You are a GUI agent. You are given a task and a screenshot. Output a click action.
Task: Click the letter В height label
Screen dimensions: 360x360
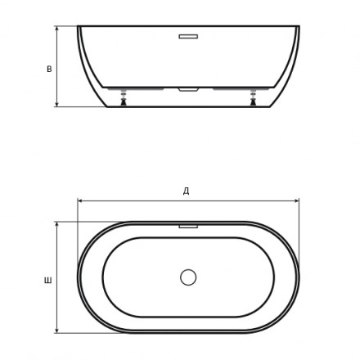tap(49, 69)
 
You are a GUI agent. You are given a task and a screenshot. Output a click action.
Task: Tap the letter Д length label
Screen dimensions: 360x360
tap(186, 191)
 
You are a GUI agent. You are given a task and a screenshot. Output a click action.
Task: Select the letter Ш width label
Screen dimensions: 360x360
tap(48, 281)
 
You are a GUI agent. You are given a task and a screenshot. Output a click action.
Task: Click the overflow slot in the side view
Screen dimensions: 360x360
tap(188, 37)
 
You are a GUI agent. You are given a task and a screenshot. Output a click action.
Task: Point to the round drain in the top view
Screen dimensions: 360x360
tap(188, 277)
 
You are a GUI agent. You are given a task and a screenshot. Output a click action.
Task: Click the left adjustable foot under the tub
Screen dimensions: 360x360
tap(124, 97)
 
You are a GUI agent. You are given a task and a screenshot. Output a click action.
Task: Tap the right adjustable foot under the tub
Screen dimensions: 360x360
tap(254, 97)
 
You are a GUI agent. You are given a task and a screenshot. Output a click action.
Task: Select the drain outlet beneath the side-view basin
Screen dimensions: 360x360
tap(188, 90)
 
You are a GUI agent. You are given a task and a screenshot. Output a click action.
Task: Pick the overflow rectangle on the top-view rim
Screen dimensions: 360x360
tap(188, 227)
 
